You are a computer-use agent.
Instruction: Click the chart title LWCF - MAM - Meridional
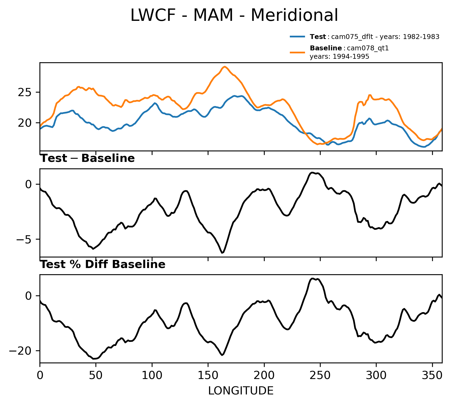coord(234,15)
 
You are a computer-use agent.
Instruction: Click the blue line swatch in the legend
coord(298,37)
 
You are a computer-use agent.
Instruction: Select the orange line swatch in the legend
coord(298,52)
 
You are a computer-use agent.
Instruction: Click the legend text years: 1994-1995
coord(339,57)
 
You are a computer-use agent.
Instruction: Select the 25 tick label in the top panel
coord(25,93)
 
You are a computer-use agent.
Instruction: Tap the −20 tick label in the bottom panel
coord(20,351)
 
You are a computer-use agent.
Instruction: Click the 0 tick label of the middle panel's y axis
coord(29,185)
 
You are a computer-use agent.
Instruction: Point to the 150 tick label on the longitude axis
coord(208,375)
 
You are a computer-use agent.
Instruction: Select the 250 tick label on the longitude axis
coord(320,375)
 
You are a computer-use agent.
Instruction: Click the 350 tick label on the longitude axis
coord(432,375)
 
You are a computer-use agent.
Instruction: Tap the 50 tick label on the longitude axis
coord(96,375)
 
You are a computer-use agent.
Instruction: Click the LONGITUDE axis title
coord(241,391)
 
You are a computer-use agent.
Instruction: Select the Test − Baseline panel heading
coord(87,158)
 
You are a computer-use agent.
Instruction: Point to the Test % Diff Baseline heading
coord(103,264)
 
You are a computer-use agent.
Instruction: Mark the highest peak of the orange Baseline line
coord(224,67)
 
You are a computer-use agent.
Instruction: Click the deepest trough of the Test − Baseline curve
coord(222,253)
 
